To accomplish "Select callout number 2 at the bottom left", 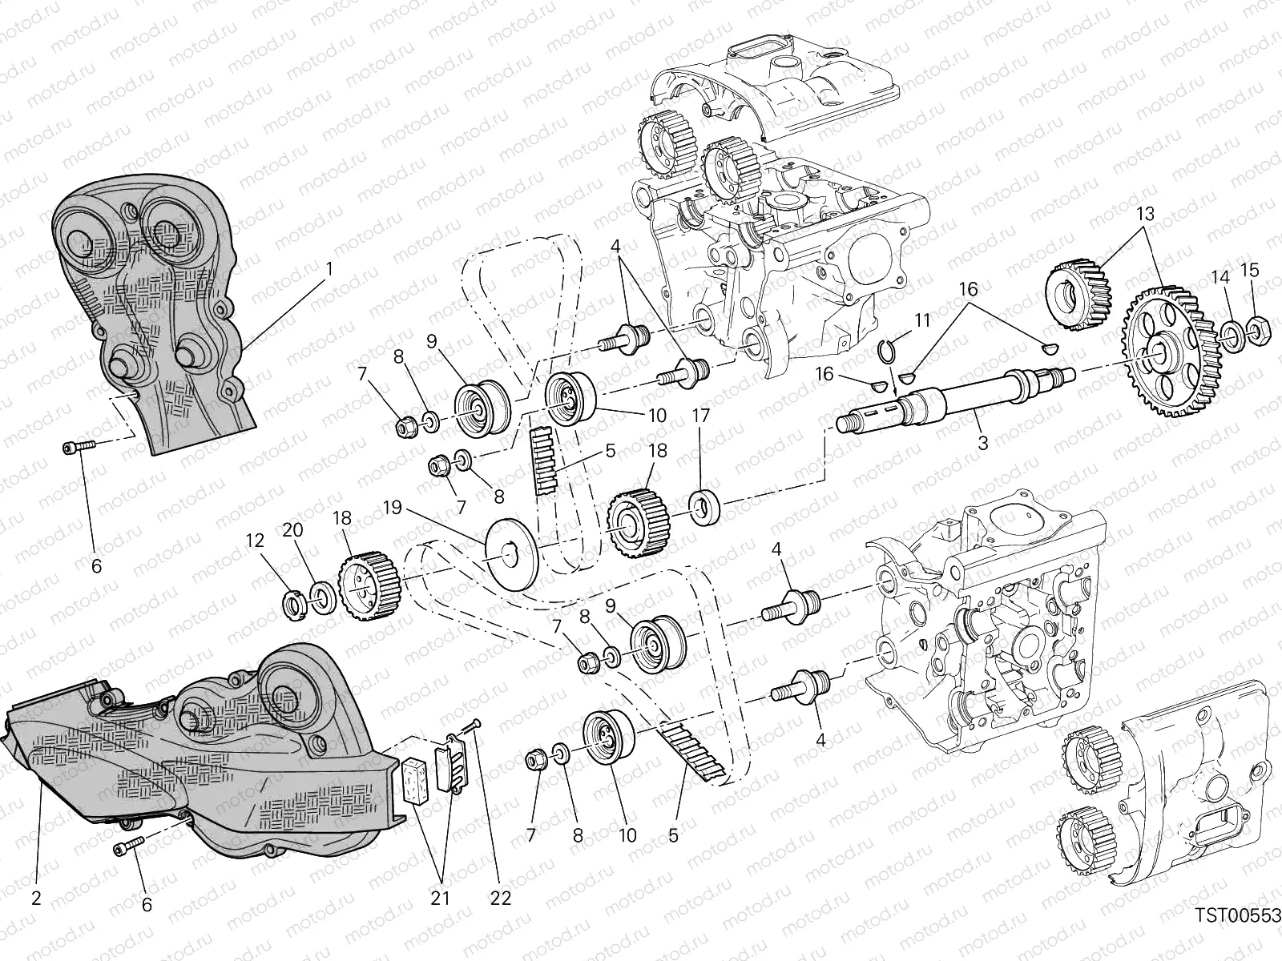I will [x=36, y=898].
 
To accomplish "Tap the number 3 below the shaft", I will [x=983, y=442].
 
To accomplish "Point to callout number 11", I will [x=922, y=321].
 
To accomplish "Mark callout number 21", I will [x=440, y=898].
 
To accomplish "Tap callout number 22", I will [x=500, y=898].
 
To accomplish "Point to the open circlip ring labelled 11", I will [x=886, y=349].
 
